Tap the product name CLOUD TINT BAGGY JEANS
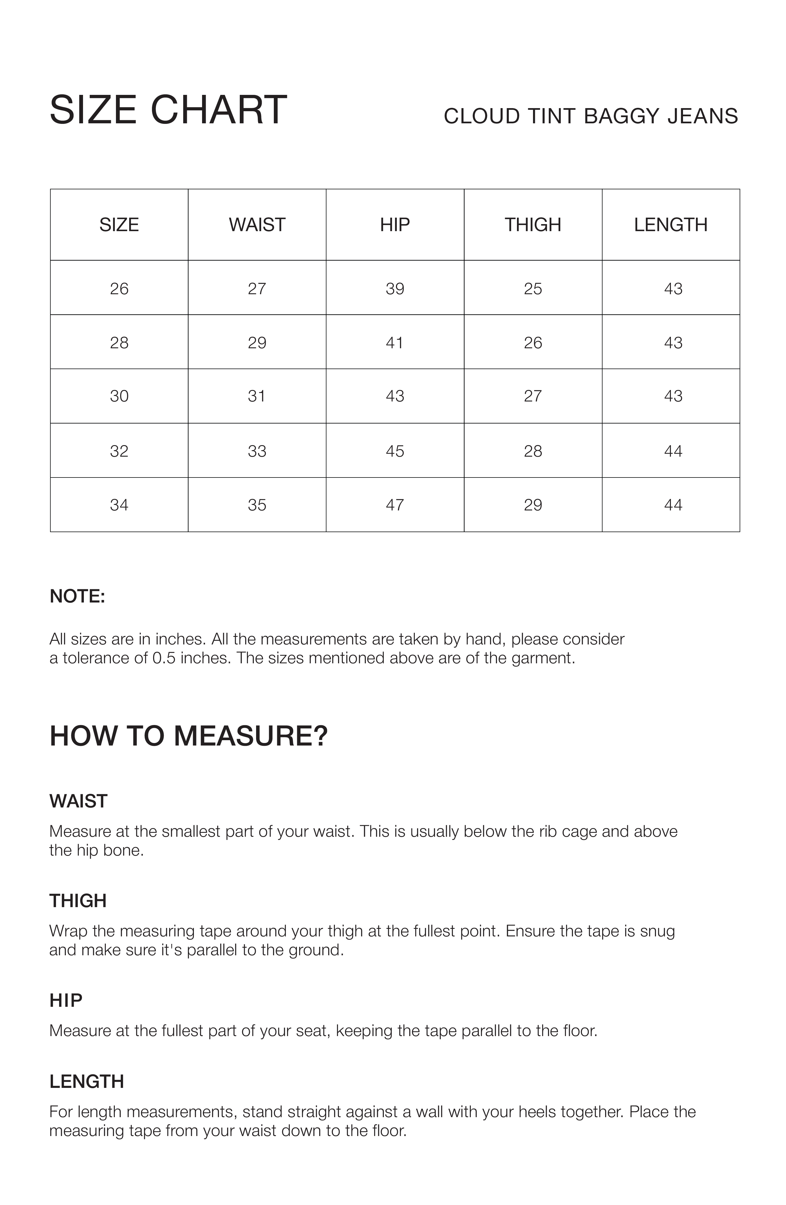point(591,116)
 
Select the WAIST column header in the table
point(257,225)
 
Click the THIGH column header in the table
point(533,225)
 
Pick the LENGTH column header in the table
point(671,225)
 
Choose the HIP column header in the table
point(395,225)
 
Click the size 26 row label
point(119,289)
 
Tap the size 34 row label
point(119,505)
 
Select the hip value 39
point(395,289)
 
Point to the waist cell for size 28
point(257,343)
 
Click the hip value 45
point(395,451)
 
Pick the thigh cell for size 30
point(533,396)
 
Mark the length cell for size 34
point(673,505)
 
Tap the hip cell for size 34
point(395,505)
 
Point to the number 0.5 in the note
point(164,658)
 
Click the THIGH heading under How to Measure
point(78,901)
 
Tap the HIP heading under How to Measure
point(66,1000)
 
